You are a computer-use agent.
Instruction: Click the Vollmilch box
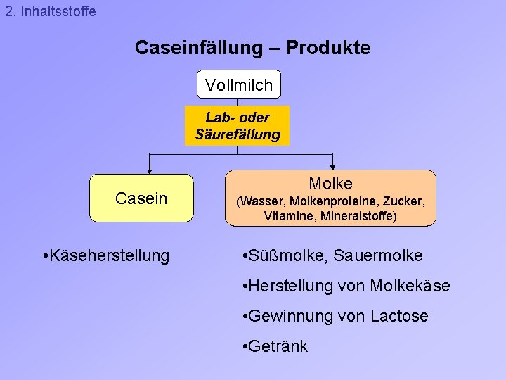coord(238,84)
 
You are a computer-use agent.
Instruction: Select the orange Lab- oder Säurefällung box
coord(237,126)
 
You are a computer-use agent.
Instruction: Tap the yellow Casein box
coord(141,198)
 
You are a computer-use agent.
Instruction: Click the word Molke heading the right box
coord(330,184)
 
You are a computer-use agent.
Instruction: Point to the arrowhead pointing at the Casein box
coord(149,169)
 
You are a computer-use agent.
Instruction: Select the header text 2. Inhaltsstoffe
coord(50,12)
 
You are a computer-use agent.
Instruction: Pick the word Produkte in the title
coord(329,48)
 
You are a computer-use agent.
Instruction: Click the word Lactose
coord(399,317)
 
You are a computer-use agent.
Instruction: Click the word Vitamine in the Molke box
coord(287,216)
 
